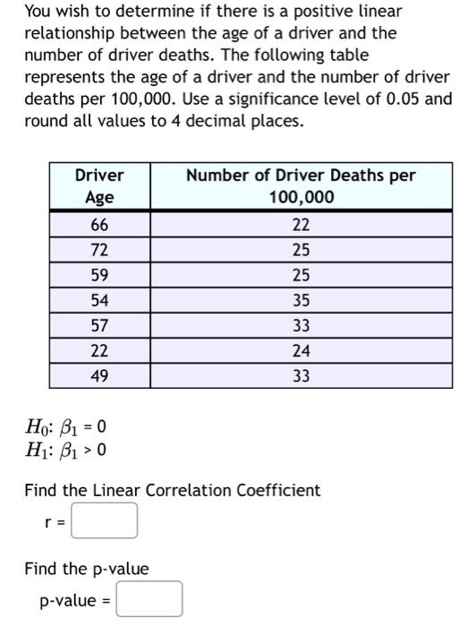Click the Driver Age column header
98,186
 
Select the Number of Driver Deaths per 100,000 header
301,186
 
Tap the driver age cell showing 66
98,223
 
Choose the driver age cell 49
98,377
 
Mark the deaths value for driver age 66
301,223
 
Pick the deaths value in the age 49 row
301,377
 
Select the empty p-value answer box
149,599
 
